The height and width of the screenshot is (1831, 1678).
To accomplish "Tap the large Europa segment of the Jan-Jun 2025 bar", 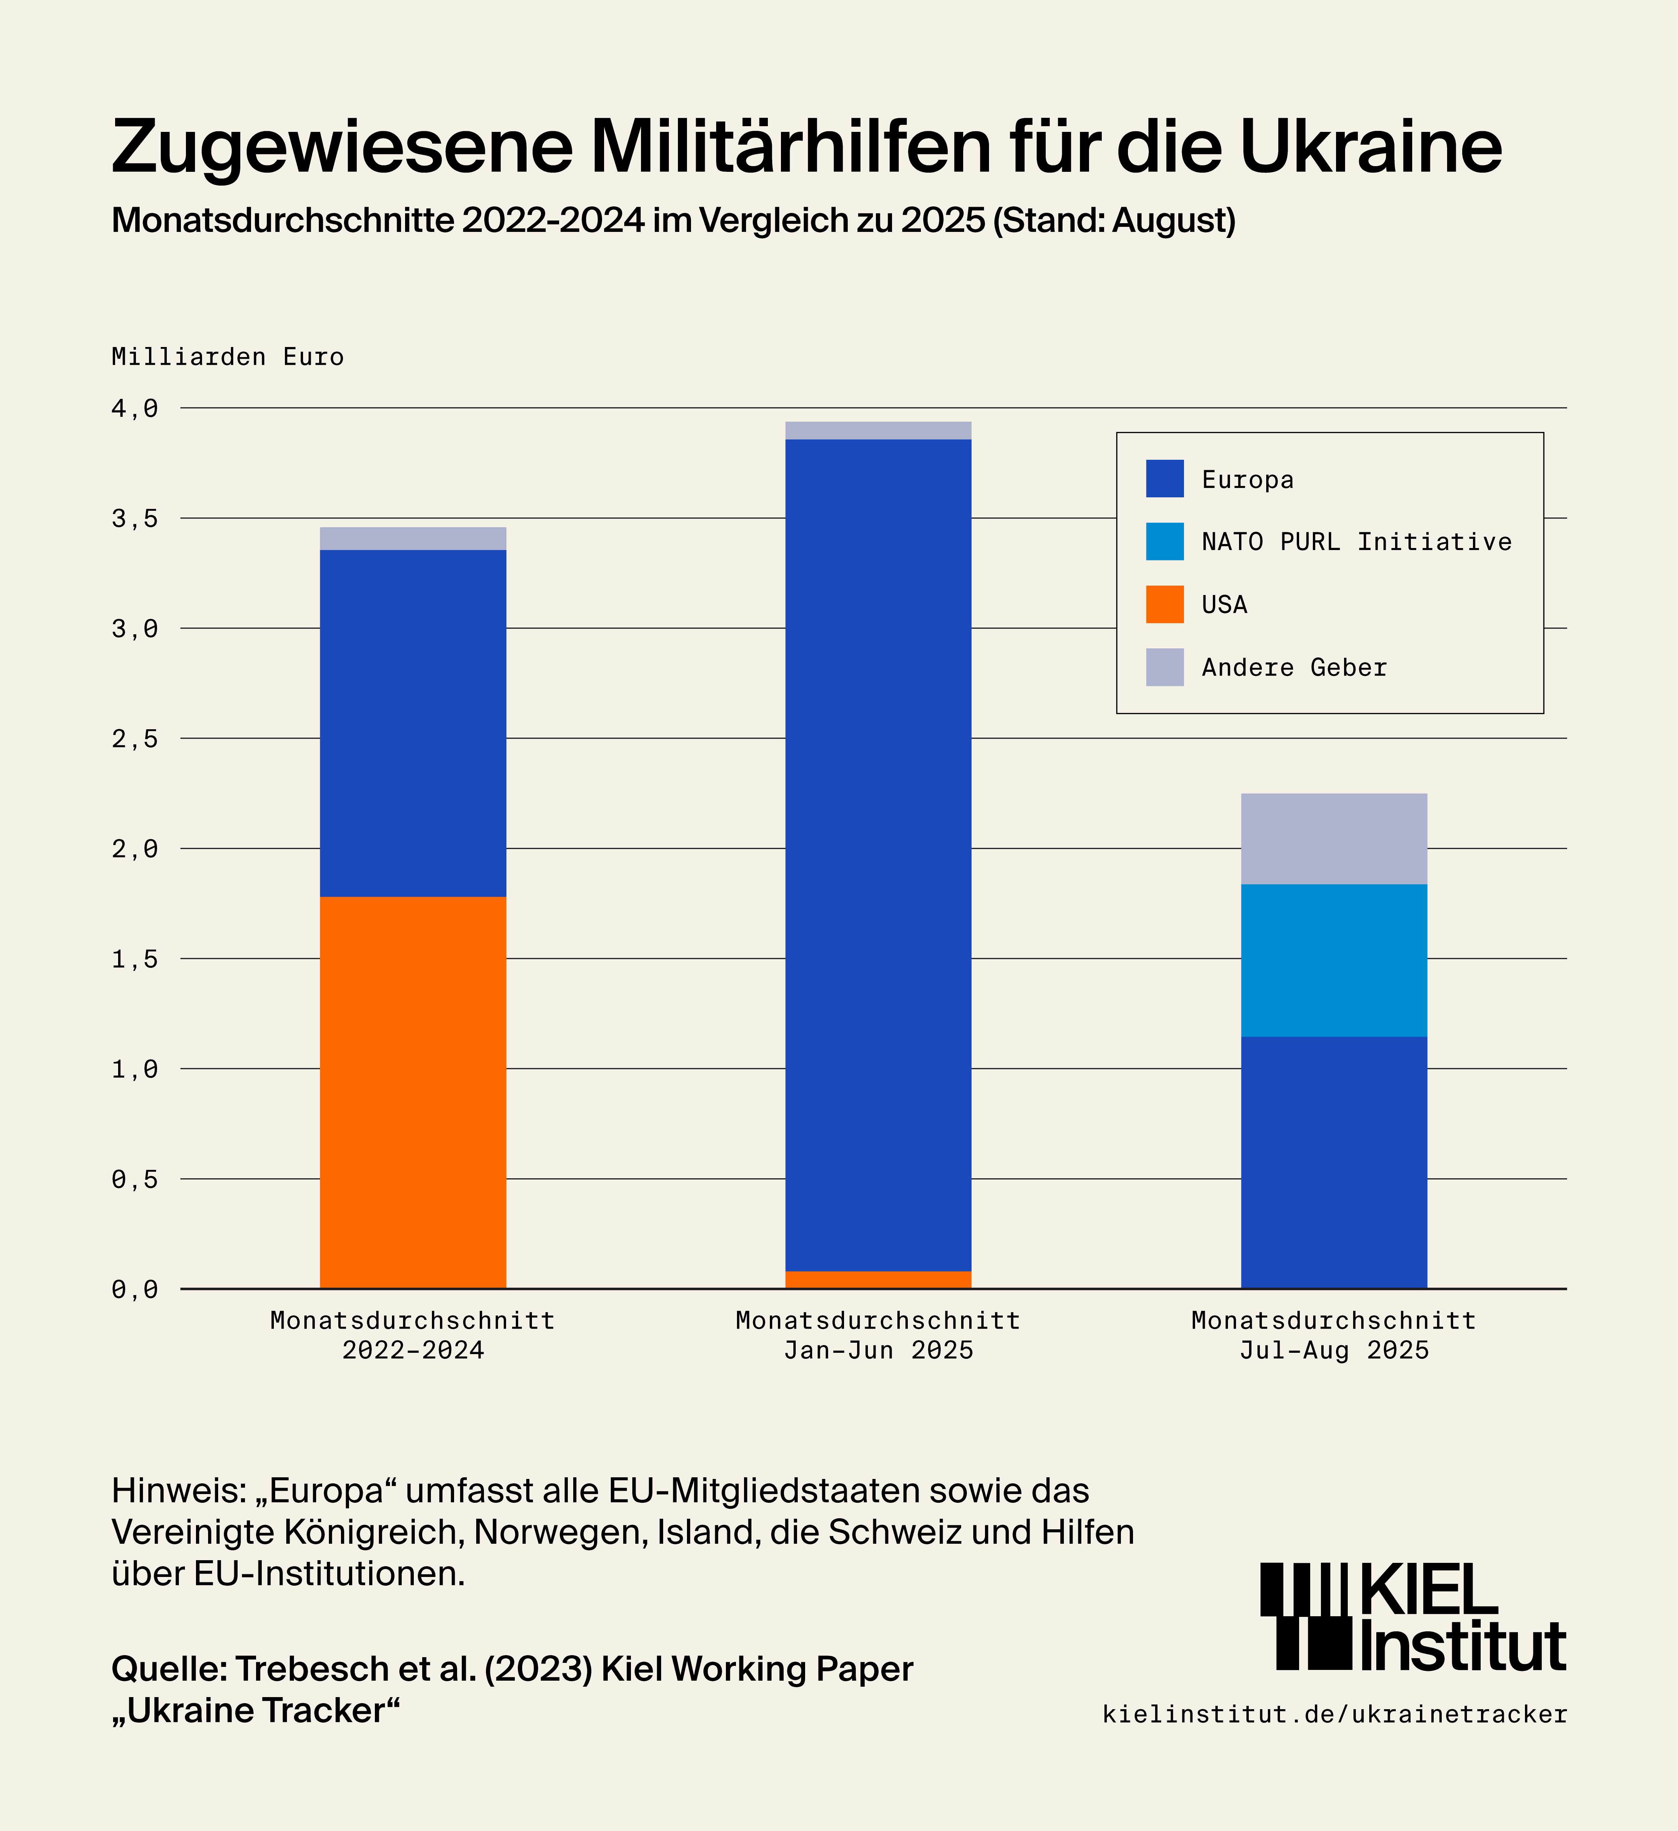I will [x=878, y=854].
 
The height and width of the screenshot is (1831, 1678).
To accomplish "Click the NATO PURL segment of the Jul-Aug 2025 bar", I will [x=1334, y=960].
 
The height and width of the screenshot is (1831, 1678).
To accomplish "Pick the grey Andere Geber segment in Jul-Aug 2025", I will [x=1334, y=838].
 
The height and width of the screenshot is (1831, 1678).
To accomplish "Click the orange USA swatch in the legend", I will [x=1165, y=604].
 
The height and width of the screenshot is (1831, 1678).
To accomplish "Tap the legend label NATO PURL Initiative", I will [x=1356, y=542].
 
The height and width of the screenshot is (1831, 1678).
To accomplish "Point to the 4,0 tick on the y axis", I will [x=134, y=409].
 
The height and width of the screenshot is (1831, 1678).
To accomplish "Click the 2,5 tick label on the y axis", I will [x=134, y=738].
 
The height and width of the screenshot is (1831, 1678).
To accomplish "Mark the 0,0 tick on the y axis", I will [x=134, y=1289].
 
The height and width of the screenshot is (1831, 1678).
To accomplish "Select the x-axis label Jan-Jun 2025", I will [x=878, y=1350].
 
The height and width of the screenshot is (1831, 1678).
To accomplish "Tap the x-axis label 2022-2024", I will [x=413, y=1350].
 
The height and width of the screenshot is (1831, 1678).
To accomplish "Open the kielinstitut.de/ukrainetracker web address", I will [x=1334, y=1714].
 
